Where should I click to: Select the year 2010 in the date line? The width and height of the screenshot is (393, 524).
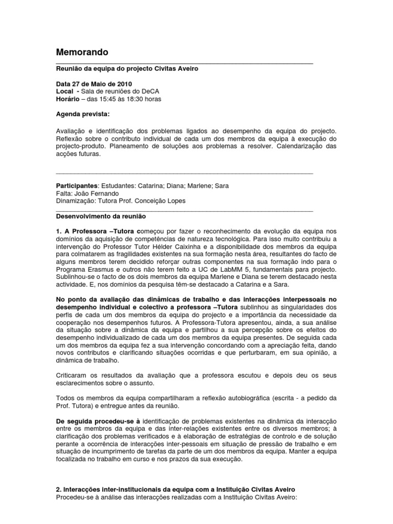[124, 83]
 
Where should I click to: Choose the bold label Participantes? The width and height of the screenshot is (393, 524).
[76, 185]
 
